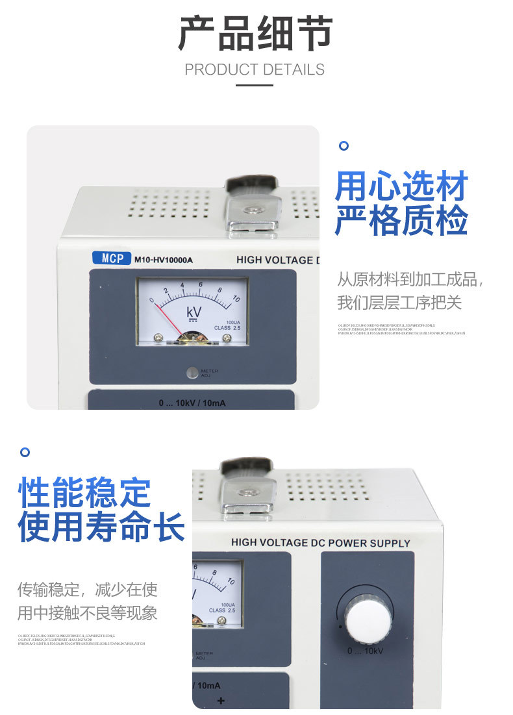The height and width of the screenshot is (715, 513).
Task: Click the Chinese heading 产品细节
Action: [x=255, y=34]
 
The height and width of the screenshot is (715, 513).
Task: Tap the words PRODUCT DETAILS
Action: [x=255, y=69]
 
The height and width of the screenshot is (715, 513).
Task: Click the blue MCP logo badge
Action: [x=112, y=258]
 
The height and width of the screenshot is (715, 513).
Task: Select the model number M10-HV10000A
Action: [x=164, y=260]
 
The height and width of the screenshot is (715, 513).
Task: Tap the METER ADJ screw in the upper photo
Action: [x=192, y=373]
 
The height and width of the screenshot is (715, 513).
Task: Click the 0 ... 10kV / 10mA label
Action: [x=192, y=403]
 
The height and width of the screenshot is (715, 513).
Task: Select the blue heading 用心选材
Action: [x=401, y=187]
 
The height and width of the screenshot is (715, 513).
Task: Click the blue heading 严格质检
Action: [x=401, y=221]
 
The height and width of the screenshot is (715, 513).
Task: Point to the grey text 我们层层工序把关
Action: [x=399, y=303]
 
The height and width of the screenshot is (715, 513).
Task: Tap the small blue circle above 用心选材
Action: [x=344, y=145]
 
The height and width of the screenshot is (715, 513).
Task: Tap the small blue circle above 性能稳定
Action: [x=25, y=451]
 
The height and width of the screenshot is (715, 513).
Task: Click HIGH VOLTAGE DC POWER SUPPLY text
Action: [x=321, y=542]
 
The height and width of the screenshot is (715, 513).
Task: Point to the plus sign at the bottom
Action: [x=220, y=700]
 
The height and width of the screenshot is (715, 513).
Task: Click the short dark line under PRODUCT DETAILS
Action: [x=255, y=84]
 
